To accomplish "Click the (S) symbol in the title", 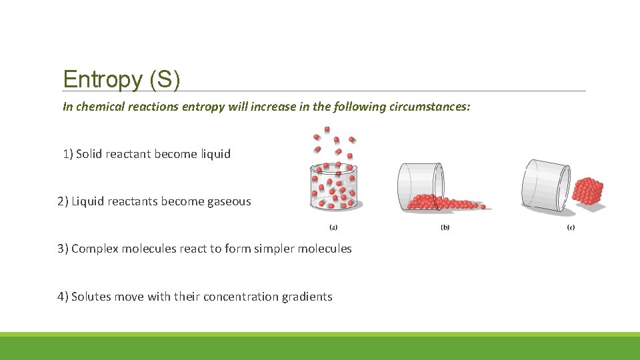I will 165,80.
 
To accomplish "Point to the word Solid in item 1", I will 90,154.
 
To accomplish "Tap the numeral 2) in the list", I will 63,201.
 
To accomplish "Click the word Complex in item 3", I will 95,249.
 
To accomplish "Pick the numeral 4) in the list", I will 63,297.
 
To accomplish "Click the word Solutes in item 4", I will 91,297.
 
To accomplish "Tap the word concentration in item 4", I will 235,297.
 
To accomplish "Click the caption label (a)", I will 333,227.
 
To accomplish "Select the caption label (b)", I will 445,227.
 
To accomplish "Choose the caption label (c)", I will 571,227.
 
